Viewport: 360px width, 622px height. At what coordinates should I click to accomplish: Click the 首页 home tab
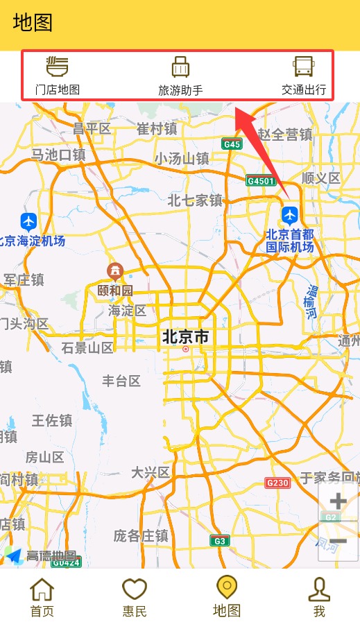[x=42, y=597]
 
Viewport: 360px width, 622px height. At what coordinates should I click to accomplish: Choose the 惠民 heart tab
[x=135, y=597]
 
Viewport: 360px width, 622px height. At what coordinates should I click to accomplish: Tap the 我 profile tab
[x=319, y=597]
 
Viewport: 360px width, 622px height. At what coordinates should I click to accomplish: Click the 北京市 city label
[x=185, y=337]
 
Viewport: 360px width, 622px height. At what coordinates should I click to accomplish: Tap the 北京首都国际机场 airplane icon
[x=289, y=214]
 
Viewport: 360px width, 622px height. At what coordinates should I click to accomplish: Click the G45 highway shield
[x=232, y=144]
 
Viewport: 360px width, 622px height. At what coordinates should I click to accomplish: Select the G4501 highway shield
[x=261, y=181]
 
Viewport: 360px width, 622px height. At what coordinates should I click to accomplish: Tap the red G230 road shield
[x=277, y=483]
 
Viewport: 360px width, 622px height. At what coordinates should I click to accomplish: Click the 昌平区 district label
[x=92, y=128]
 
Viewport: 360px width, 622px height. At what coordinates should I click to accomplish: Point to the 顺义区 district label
[x=321, y=178]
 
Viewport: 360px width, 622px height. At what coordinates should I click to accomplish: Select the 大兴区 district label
[x=151, y=472]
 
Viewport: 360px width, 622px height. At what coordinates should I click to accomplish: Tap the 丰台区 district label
[x=121, y=381]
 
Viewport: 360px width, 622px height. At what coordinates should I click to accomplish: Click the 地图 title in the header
[x=33, y=22]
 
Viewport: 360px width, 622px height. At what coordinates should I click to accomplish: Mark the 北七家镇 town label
[x=195, y=200]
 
